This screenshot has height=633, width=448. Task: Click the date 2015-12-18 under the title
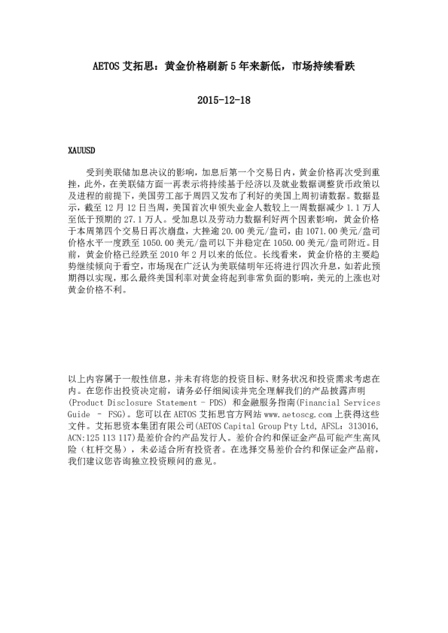224,100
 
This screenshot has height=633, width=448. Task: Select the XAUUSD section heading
81,150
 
